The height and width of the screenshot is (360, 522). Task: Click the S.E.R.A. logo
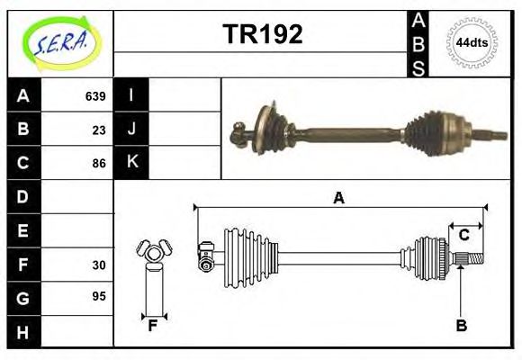pos(60,43)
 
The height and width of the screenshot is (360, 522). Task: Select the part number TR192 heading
pos(262,34)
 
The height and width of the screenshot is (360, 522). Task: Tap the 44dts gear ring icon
pos(472,42)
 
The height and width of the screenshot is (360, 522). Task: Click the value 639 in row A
pos(94,96)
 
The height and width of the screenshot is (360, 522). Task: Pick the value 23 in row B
pos(99,130)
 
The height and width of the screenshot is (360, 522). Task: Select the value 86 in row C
pos(99,164)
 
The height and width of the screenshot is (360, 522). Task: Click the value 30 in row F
pos(99,265)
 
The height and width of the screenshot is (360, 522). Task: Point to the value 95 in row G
pos(99,296)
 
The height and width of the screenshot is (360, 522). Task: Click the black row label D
pos(22,197)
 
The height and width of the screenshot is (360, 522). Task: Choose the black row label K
pos(132,163)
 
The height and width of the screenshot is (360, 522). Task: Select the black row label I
pos(132,95)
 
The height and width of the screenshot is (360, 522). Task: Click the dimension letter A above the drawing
pos(338,198)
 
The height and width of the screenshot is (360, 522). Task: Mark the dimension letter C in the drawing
pos(464,235)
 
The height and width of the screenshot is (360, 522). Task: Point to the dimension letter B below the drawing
pos(461,326)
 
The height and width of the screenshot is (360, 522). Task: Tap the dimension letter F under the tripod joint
pos(153,326)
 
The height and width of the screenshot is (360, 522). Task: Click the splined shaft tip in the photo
pos(494,137)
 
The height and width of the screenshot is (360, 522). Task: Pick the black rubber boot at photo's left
pos(270,128)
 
